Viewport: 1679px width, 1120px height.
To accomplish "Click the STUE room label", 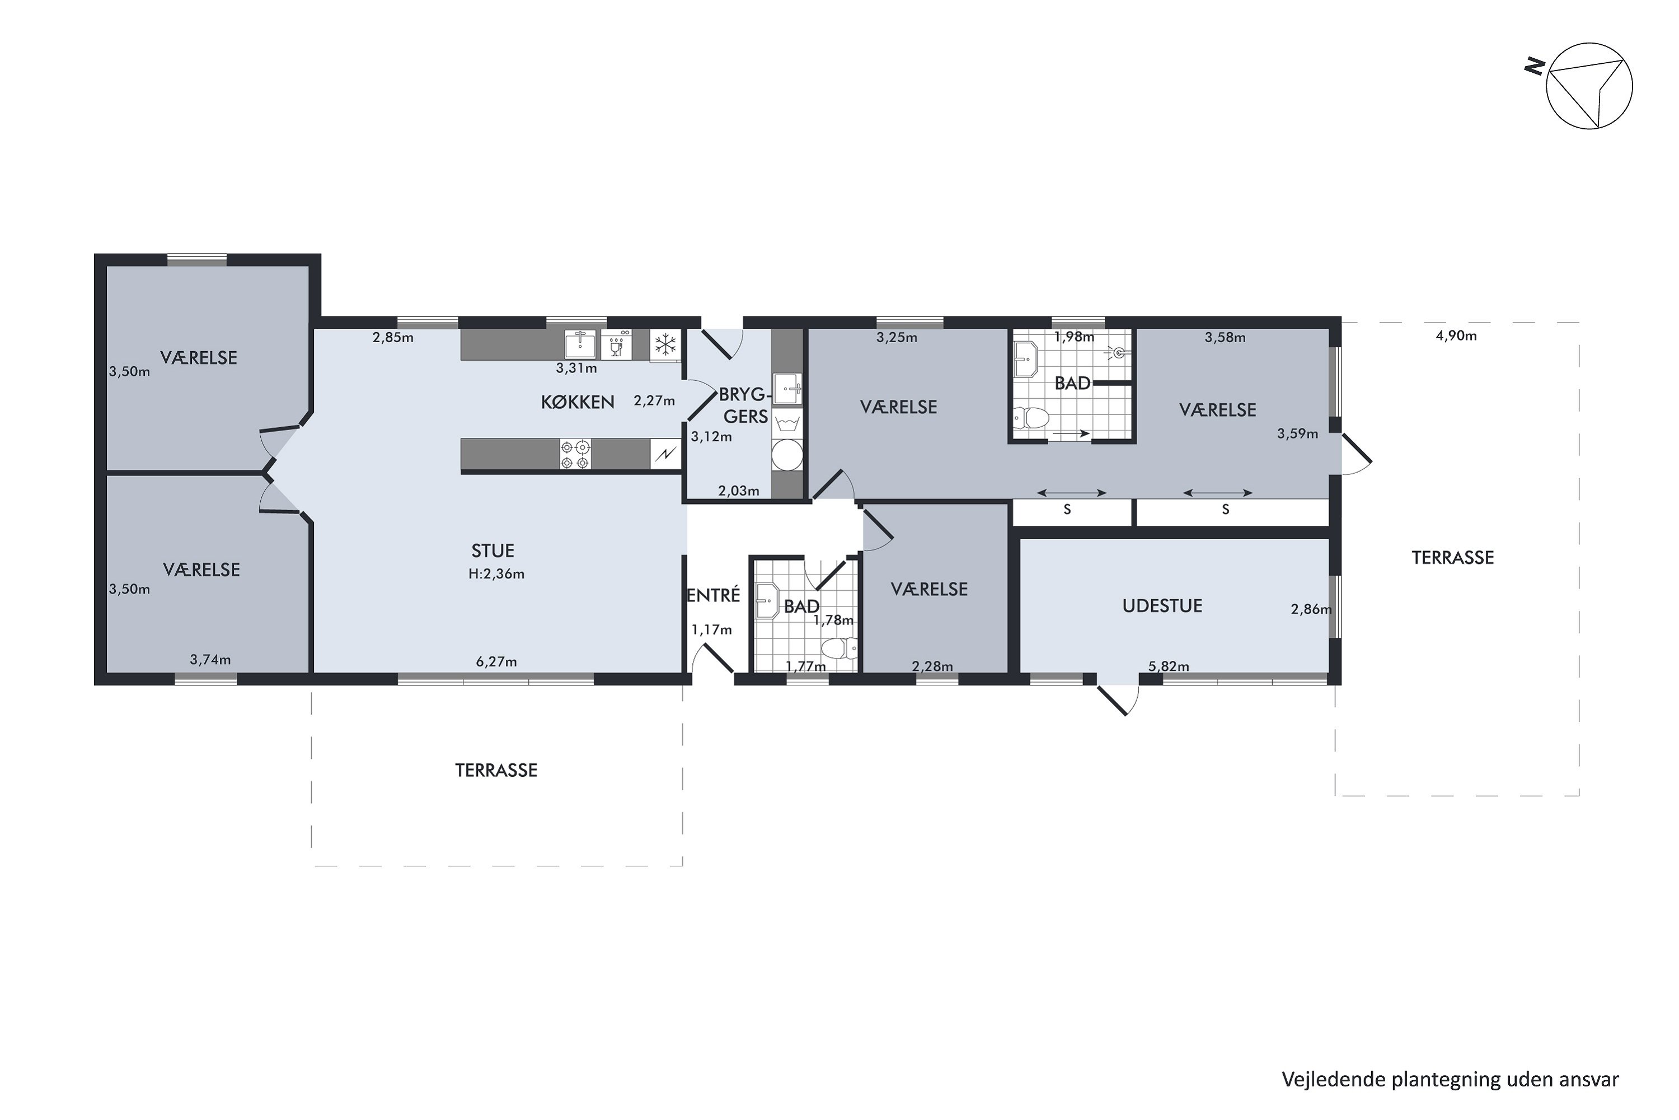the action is pyautogui.click(x=493, y=550).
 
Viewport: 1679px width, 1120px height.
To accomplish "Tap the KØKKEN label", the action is pyautogui.click(x=578, y=402).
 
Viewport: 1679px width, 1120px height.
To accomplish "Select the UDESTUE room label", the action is pyautogui.click(x=1162, y=606).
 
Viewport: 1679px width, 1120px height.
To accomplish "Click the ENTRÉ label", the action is pyautogui.click(x=713, y=595).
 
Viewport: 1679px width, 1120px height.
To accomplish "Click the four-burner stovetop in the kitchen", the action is pyautogui.click(x=575, y=455).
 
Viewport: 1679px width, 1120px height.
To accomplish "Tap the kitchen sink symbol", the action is pyautogui.click(x=580, y=344).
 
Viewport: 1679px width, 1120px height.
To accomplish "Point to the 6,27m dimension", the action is pyautogui.click(x=496, y=661).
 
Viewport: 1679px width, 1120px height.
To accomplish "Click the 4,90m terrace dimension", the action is pyautogui.click(x=1456, y=335).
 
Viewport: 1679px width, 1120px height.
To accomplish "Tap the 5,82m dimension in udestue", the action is pyautogui.click(x=1169, y=666).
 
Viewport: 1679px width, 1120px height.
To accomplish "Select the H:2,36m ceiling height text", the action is pyautogui.click(x=496, y=573).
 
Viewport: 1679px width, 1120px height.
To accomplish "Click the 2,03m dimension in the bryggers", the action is pyautogui.click(x=738, y=491).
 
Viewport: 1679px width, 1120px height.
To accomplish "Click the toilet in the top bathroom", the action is pyautogui.click(x=1031, y=417).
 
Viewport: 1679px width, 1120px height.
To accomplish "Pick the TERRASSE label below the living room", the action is pyautogui.click(x=496, y=770).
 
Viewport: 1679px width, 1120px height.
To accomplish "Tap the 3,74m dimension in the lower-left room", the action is pyautogui.click(x=210, y=659).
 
